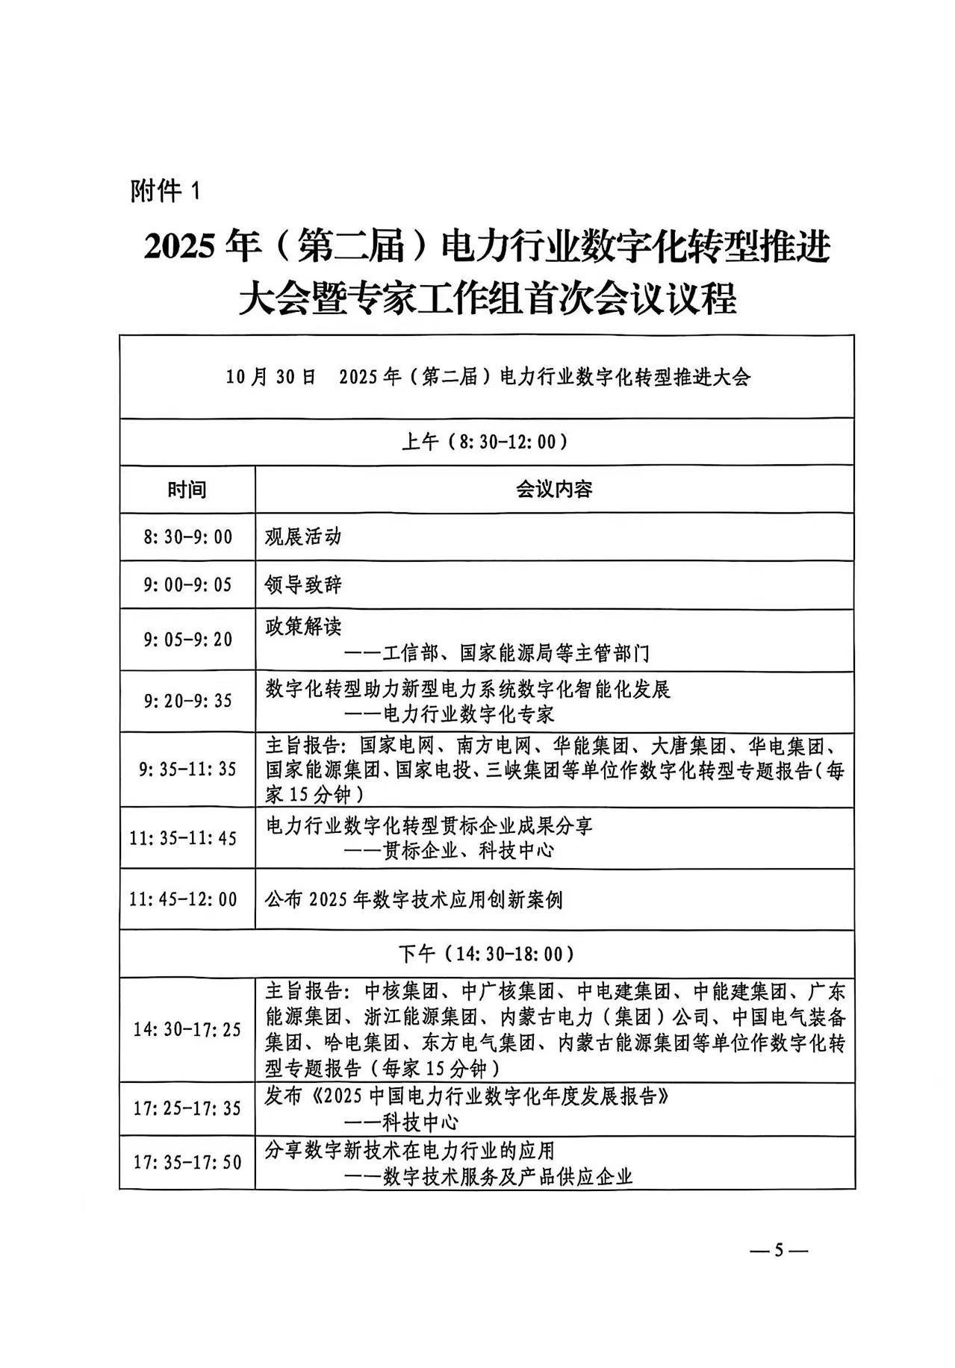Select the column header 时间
[187, 490]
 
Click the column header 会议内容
[554, 490]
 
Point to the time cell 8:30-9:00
[187, 537]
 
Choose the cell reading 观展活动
[303, 537]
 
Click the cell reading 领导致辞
[303, 584]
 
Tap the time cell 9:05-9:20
[187, 640]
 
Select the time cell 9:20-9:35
[187, 701]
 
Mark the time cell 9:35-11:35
[187, 769]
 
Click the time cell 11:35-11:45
[183, 838]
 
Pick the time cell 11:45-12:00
[183, 899]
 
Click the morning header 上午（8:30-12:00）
[486, 442]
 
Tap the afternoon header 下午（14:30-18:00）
[486, 954]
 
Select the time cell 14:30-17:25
[187, 1030]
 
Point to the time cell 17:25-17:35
[187, 1108]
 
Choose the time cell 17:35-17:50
[187, 1162]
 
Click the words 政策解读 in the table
[303, 625]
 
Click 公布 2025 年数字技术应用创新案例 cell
[414, 900]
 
